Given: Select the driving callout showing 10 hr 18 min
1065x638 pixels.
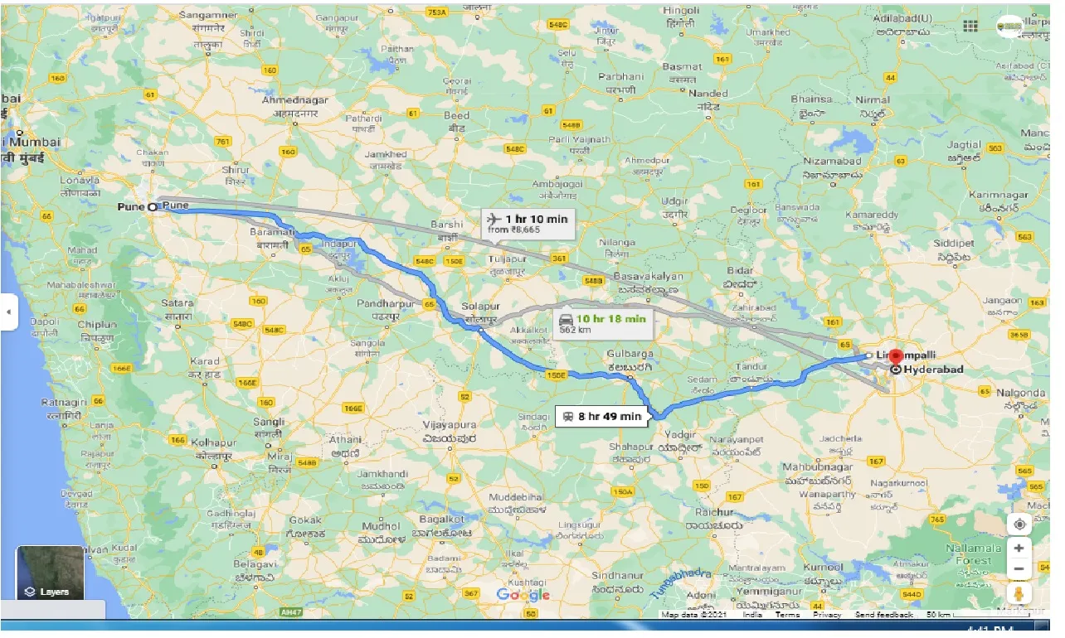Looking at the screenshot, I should (603, 323).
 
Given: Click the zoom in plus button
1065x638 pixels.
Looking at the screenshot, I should (1019, 548).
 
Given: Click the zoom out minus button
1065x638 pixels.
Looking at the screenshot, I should (1019, 569).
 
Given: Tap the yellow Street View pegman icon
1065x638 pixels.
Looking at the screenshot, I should (1019, 593).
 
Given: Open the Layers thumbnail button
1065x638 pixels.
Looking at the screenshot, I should (50, 573).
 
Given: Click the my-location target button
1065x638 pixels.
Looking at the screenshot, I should (1019, 524).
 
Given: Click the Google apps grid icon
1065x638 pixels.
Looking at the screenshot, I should (970, 26).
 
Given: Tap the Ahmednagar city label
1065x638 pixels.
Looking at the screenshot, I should (294, 100).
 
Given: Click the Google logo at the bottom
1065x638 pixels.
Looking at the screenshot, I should (523, 595).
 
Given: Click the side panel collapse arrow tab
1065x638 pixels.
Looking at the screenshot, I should (8, 312).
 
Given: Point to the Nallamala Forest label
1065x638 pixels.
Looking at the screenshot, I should (978, 554).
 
